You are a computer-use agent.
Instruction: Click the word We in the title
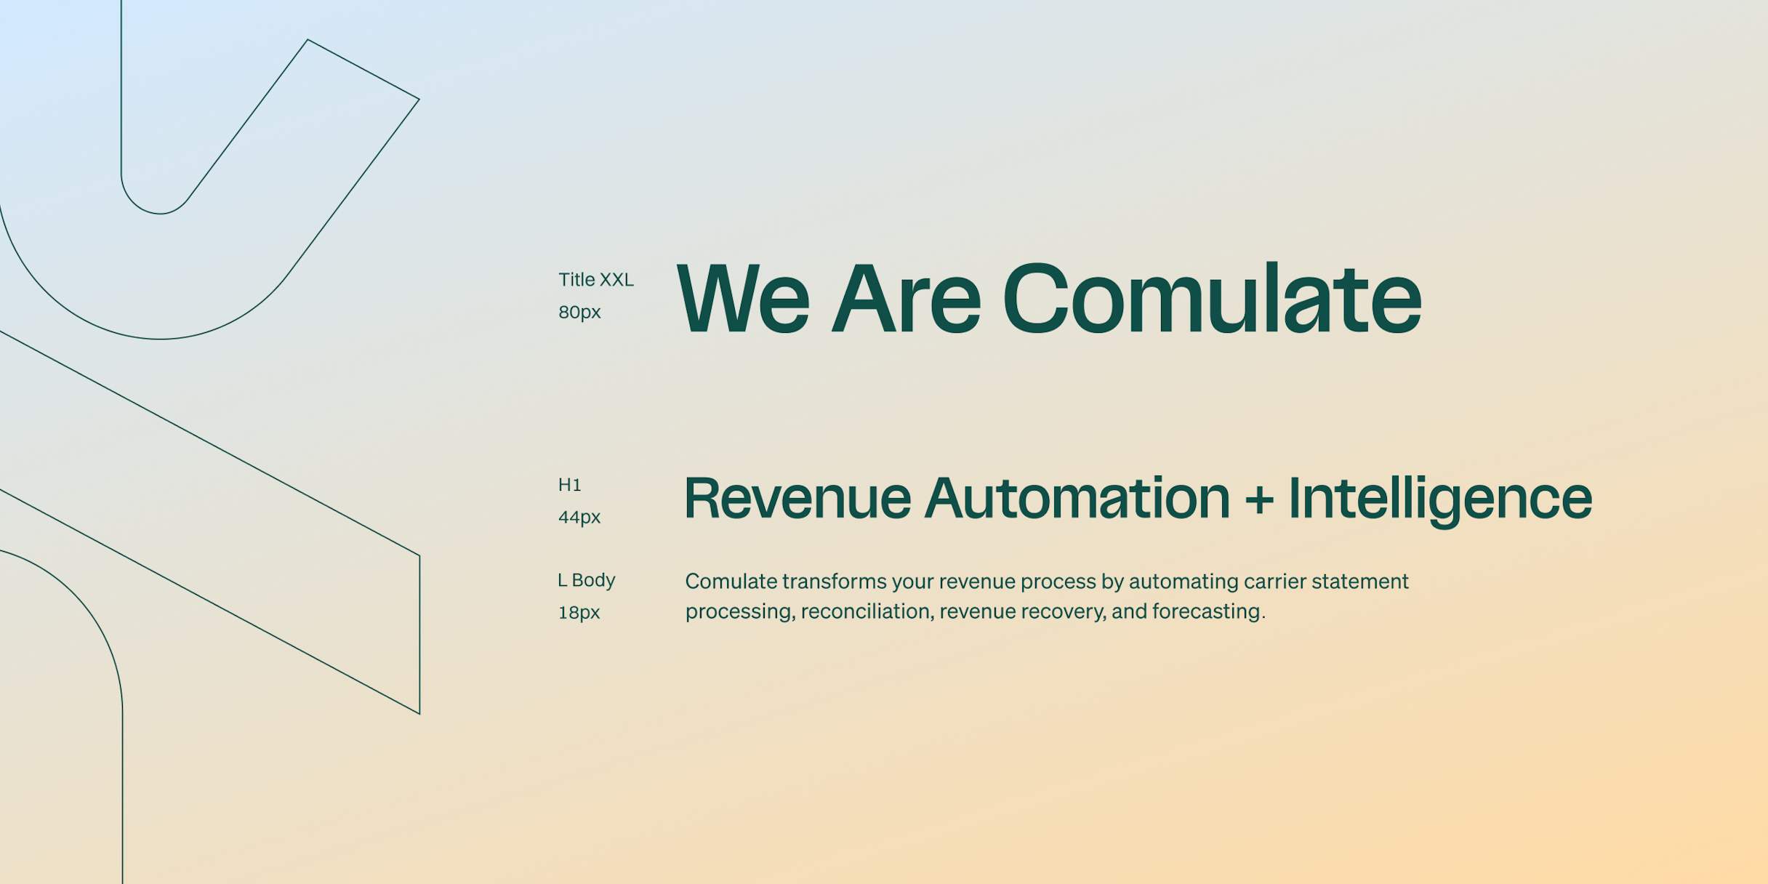[x=742, y=300]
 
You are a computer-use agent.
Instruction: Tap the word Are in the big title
[x=906, y=300]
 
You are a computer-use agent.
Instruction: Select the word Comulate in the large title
[x=1211, y=300]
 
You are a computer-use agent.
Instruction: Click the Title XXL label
[x=595, y=280]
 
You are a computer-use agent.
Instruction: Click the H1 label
[x=569, y=485]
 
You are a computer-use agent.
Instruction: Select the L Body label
[x=586, y=580]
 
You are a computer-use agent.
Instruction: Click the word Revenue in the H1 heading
[x=797, y=499]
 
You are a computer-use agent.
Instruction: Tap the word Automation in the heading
[x=1077, y=499]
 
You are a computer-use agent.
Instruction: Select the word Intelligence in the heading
[x=1439, y=499]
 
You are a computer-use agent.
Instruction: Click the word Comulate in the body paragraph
[x=731, y=582]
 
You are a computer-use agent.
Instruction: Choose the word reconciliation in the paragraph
[x=865, y=611]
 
